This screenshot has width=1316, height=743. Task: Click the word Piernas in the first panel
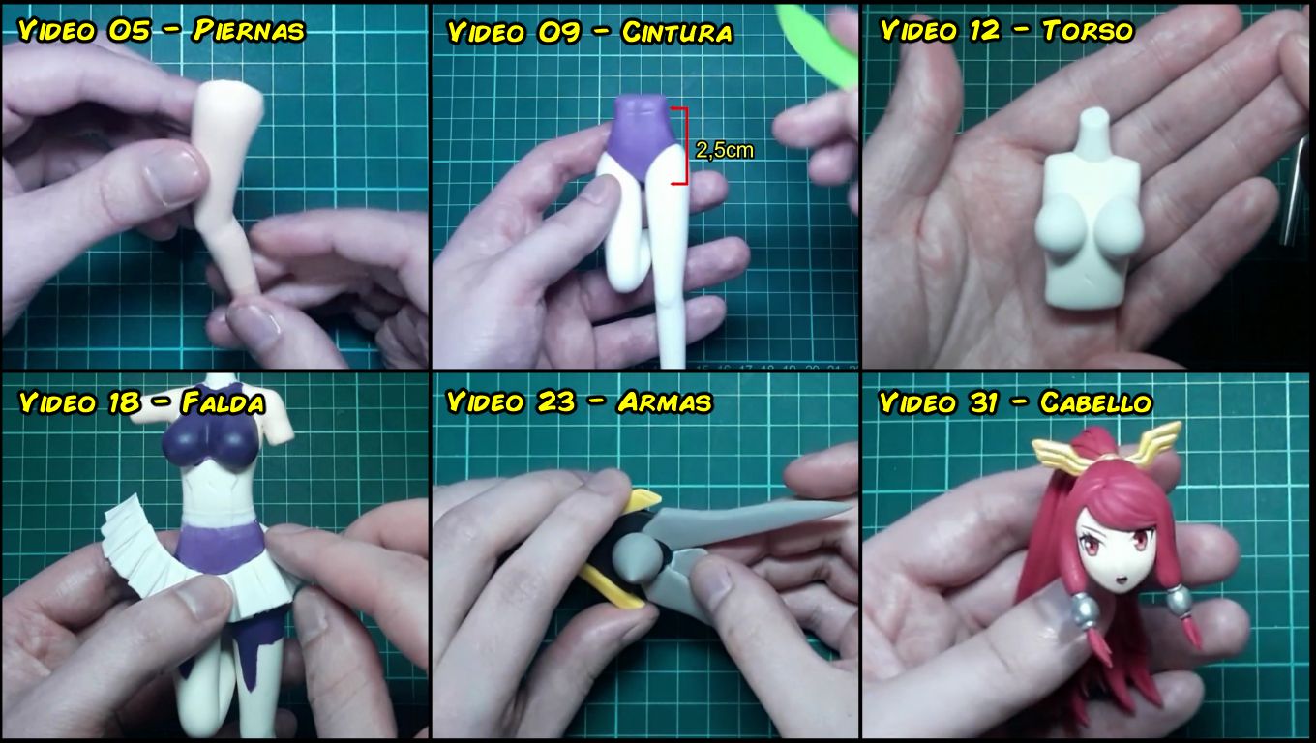pyautogui.click(x=249, y=31)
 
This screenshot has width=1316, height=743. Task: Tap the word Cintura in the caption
pyautogui.click(x=677, y=32)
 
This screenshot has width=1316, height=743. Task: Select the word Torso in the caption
pyautogui.click(x=1088, y=31)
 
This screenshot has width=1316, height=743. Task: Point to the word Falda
pyautogui.click(x=224, y=402)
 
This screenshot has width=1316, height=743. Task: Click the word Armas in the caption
pyautogui.click(x=665, y=402)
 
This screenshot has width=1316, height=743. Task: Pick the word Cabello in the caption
pyautogui.click(x=1095, y=402)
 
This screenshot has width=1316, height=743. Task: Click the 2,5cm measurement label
pyautogui.click(x=725, y=150)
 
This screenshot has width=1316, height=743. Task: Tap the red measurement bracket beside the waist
pyautogui.click(x=684, y=146)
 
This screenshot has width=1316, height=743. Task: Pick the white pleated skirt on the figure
pyautogui.click(x=194, y=564)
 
